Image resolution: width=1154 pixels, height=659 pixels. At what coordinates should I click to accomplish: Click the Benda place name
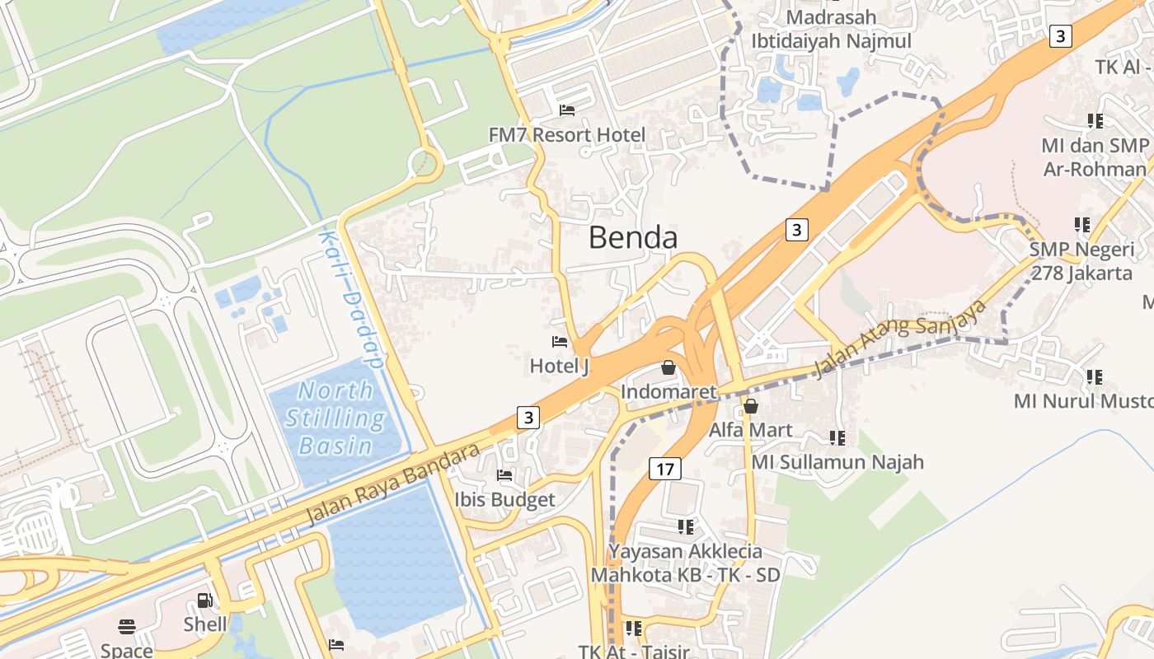tap(633, 238)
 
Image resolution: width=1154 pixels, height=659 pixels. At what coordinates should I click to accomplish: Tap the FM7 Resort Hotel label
tap(566, 134)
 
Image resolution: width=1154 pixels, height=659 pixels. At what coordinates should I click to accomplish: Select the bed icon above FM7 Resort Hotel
tap(567, 110)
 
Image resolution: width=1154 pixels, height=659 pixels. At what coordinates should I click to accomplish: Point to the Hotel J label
tap(559, 365)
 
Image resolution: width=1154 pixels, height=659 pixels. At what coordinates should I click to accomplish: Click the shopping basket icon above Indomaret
tap(668, 367)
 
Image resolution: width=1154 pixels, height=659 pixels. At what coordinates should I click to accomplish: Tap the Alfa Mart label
tap(750, 429)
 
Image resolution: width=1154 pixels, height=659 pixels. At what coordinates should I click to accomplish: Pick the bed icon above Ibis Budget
tap(504, 475)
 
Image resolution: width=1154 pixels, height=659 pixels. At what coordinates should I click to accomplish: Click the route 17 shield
tap(665, 470)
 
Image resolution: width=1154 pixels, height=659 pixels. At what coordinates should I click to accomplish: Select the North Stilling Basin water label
tap(335, 418)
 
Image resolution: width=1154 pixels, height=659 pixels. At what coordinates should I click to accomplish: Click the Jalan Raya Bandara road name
tap(392, 484)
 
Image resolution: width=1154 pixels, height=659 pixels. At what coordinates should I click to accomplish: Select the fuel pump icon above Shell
tap(204, 601)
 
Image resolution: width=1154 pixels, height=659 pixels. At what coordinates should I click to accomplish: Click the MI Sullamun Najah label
tap(837, 462)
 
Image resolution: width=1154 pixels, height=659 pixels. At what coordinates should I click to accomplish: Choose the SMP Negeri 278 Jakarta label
tap(1081, 261)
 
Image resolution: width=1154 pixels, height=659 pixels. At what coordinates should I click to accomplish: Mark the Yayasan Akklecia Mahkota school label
tap(685, 563)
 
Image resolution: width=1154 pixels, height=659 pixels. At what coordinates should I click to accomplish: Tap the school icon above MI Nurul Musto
tap(1095, 377)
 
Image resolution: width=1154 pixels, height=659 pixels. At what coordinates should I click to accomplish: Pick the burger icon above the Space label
tap(126, 627)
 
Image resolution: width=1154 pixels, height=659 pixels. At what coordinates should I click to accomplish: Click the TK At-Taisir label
tap(633, 651)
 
